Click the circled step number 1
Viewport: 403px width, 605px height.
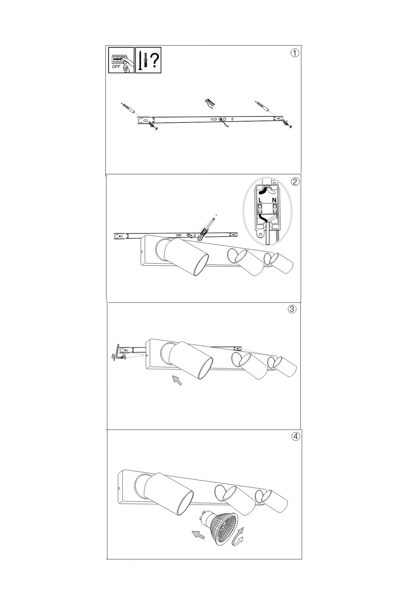point(295,53)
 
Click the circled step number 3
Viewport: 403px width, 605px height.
point(292,309)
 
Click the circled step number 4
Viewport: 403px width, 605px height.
point(296,436)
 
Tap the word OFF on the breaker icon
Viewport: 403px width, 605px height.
point(116,67)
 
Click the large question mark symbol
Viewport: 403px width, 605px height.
point(155,60)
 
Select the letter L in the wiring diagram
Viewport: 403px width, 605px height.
point(260,200)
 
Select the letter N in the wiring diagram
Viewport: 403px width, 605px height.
point(274,200)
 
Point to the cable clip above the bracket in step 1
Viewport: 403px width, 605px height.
point(209,103)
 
